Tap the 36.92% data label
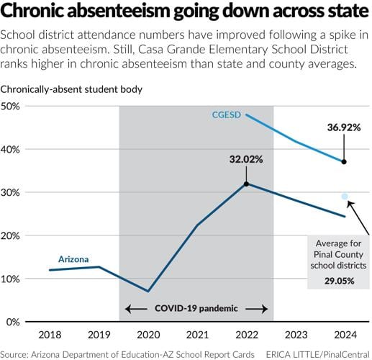[x=343, y=127]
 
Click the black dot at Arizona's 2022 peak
[x=246, y=184]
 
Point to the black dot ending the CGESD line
[x=344, y=162]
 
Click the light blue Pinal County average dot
[x=345, y=196]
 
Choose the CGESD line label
[x=226, y=115]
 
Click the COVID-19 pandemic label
[x=196, y=308]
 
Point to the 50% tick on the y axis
[x=12, y=106]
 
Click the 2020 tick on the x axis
[x=148, y=334]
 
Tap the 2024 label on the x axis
[x=344, y=334]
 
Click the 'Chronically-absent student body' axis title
[x=71, y=89]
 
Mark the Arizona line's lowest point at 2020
[x=148, y=291]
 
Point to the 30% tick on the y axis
[x=12, y=192]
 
